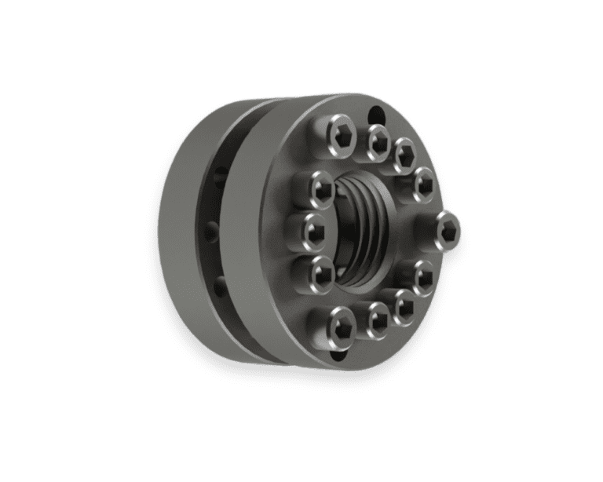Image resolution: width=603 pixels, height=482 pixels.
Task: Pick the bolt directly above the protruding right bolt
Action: tap(424, 184)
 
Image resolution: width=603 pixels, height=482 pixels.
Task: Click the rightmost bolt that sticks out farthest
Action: tap(448, 229)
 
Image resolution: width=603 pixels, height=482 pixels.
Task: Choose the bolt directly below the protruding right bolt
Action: tap(424, 276)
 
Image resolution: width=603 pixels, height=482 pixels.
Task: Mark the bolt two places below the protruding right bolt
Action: tap(404, 305)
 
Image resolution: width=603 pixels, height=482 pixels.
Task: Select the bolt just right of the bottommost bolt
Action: tap(378, 319)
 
